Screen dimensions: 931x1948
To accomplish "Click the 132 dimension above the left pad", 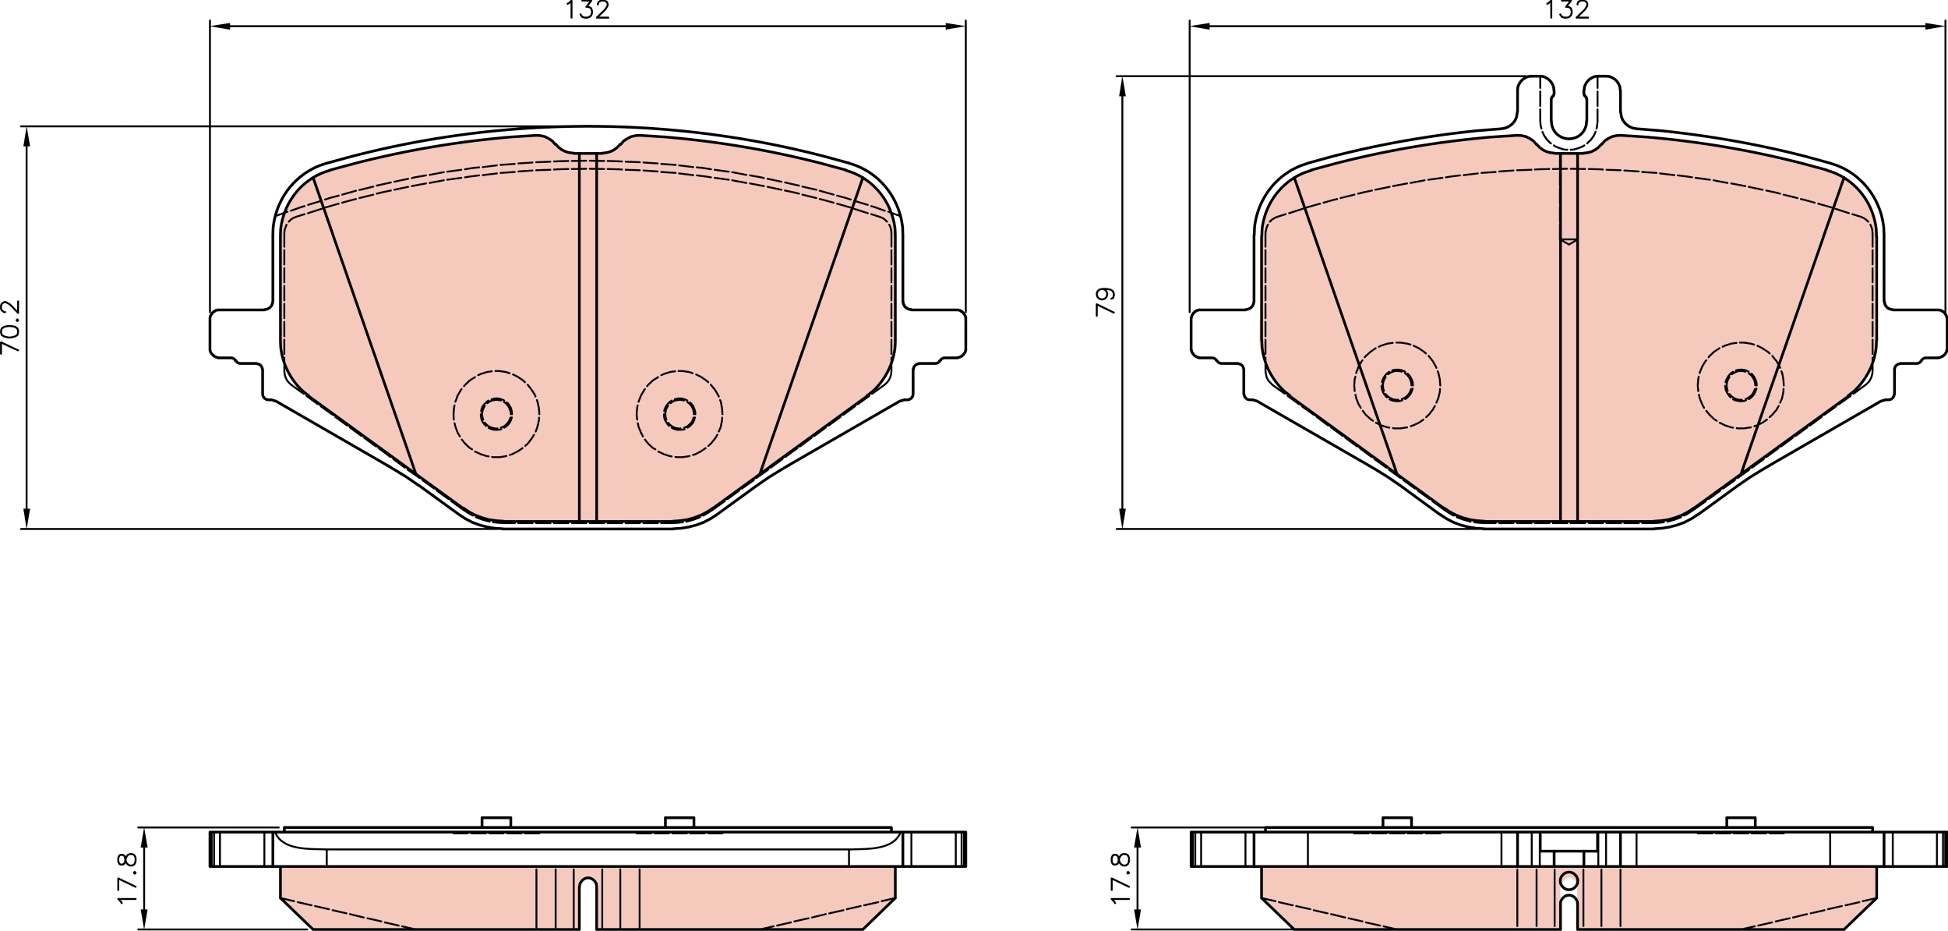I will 588,10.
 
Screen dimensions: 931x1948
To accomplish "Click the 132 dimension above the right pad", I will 1567,10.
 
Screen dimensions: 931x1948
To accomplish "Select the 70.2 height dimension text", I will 11,327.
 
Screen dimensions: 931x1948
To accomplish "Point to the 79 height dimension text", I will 1105,302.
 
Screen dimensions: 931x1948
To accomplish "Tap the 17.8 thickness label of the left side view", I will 128,878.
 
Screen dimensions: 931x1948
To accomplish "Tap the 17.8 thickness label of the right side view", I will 1120,878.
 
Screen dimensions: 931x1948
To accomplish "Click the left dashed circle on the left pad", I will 496,413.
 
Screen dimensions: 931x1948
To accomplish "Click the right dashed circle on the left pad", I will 679,413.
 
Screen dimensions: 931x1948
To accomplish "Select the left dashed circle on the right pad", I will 1396,385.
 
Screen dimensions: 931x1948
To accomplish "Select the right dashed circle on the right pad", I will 1740,385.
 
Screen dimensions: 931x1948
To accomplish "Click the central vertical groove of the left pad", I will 588,335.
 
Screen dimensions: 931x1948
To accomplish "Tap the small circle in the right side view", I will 1569,881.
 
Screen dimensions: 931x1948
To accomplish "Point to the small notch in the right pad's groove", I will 1569,241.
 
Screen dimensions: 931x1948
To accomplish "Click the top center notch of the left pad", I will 588,147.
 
